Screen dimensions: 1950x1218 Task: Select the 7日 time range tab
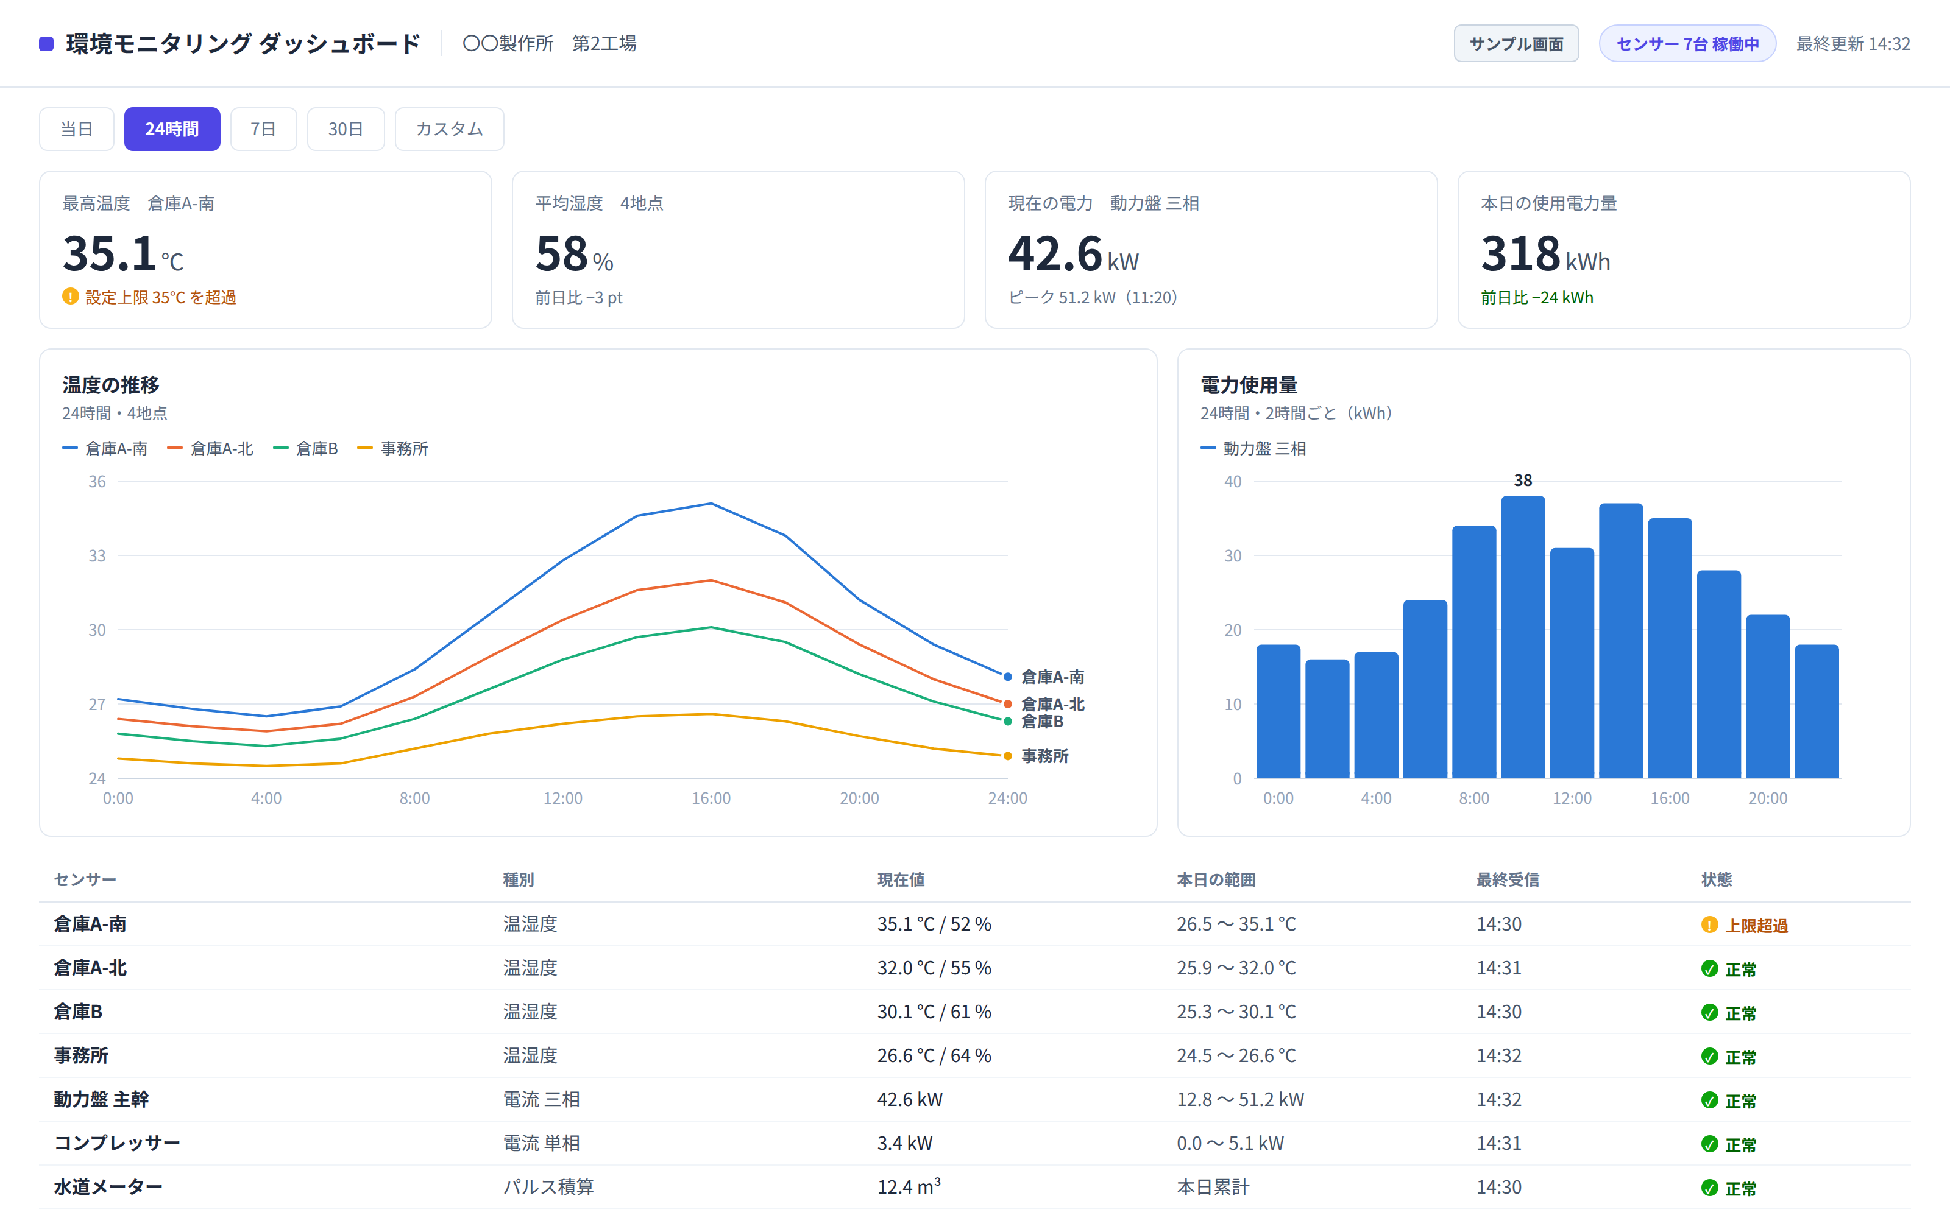(x=263, y=129)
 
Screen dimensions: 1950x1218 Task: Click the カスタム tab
(x=449, y=129)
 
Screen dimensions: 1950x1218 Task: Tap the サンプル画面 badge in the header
(x=1516, y=43)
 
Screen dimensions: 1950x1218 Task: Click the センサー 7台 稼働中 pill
(x=1687, y=43)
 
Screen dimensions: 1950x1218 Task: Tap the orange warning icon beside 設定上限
(x=70, y=297)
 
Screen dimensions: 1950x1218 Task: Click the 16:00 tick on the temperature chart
(x=711, y=798)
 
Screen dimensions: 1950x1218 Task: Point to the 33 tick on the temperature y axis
(x=97, y=556)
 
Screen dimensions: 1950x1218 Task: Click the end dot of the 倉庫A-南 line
(x=1007, y=677)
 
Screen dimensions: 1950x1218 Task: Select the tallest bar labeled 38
(x=1523, y=637)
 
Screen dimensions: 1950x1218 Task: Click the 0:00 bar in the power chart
(x=1278, y=711)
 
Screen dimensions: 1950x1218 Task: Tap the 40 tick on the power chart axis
(x=1232, y=482)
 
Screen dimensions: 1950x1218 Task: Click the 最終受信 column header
(x=1508, y=879)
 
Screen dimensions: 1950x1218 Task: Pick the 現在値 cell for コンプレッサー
(x=905, y=1143)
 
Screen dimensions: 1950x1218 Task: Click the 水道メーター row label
(x=108, y=1186)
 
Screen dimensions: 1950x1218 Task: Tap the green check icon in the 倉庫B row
(x=1709, y=1013)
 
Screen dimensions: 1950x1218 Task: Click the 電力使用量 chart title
(x=1249, y=385)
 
